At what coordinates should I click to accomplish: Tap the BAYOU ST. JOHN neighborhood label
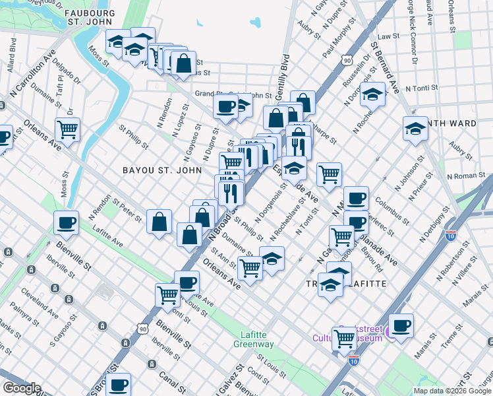(153, 170)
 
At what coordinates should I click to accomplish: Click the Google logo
(21, 387)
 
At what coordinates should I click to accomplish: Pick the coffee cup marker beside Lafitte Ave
(66, 223)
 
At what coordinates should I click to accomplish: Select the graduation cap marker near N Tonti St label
(372, 94)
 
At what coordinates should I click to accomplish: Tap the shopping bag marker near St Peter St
(159, 222)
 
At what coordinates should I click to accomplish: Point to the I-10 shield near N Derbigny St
(451, 234)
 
